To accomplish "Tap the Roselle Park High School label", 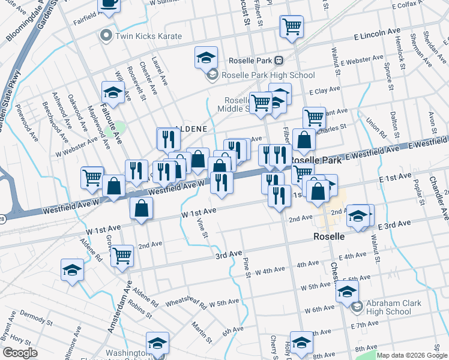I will [x=268, y=75].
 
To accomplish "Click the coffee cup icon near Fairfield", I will [x=109, y=3].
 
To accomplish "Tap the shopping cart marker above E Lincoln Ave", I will [x=292, y=26].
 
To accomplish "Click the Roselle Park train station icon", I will [x=279, y=61].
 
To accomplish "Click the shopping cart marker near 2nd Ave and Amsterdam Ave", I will [x=122, y=255].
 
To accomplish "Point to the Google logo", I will [x=20, y=353].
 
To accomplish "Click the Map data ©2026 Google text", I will [x=411, y=355].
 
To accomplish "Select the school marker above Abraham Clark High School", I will [x=347, y=292].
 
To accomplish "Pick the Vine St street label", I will [x=202, y=229].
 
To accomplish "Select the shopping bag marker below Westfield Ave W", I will [x=142, y=208].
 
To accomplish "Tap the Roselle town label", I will [x=330, y=236].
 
